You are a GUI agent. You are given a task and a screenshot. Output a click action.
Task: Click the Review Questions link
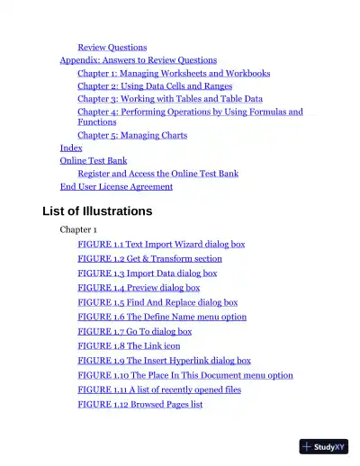pyautogui.click(x=112, y=47)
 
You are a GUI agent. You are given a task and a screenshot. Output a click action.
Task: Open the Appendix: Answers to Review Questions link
pyautogui.click(x=138, y=60)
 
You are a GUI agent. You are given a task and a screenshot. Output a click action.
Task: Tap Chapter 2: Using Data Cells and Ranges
pyautogui.click(x=154, y=86)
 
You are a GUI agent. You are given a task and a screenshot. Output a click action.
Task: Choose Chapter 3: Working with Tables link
pyautogui.click(x=169, y=99)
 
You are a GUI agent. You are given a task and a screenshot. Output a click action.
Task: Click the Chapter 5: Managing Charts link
pyautogui.click(x=131, y=135)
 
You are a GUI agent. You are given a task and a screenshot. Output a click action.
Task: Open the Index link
pyautogui.click(x=71, y=148)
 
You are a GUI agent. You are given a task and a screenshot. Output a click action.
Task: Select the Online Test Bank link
pyautogui.click(x=93, y=160)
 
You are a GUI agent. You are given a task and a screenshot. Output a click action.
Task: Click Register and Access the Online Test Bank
pyautogui.click(x=157, y=173)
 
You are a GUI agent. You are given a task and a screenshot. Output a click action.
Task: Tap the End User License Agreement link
pyautogui.click(x=116, y=186)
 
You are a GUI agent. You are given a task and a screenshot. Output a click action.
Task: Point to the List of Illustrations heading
pyautogui.click(x=97, y=211)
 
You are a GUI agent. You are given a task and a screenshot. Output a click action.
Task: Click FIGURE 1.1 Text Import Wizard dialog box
pyautogui.click(x=160, y=244)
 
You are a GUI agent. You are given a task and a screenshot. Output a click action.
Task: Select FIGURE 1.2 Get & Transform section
pyautogui.click(x=149, y=258)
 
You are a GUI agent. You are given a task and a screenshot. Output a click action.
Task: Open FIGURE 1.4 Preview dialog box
pyautogui.click(x=139, y=288)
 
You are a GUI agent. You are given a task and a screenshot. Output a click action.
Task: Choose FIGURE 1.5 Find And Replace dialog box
pyautogui.click(x=157, y=302)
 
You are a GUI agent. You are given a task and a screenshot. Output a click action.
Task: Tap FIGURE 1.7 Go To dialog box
pyautogui.click(x=134, y=331)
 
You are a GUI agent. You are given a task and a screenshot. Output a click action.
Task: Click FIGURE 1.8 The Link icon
pyautogui.click(x=129, y=345)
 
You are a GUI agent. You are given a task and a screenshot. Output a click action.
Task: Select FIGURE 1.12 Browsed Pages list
pyautogui.click(x=139, y=404)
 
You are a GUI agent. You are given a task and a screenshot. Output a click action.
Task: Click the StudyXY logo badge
pyautogui.click(x=323, y=446)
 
